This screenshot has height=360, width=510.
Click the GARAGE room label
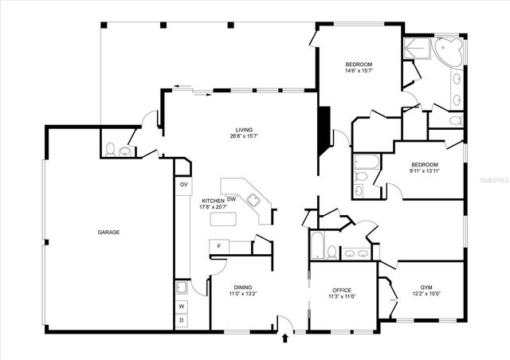[108, 233]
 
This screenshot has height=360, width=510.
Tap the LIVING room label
[243, 130]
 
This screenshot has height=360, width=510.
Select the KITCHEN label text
[213, 201]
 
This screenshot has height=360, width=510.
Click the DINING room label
[243, 288]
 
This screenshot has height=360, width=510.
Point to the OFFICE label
[342, 290]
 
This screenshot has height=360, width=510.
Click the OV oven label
[183, 185]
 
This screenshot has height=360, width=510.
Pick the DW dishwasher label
[231, 199]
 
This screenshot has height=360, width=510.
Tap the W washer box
[181, 306]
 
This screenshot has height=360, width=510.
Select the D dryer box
[181, 320]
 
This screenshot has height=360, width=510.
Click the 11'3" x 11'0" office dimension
[342, 297]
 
